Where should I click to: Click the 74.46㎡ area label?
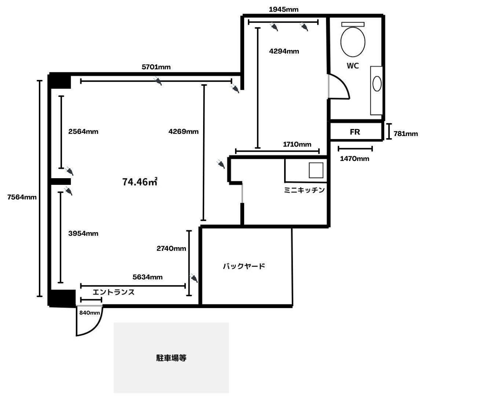[140, 181]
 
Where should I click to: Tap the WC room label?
[353, 66]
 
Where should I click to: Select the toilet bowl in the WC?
[353, 41]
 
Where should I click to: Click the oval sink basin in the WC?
[377, 84]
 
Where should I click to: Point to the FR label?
[355, 132]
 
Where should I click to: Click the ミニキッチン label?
[304, 190]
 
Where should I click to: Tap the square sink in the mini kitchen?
[316, 170]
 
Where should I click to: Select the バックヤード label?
[244, 266]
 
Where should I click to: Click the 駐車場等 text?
[171, 358]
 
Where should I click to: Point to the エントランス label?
[113, 292]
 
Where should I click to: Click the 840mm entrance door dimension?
[89, 313]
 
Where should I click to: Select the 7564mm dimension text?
[22, 197]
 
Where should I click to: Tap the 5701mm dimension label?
[156, 67]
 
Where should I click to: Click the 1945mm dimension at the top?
[283, 10]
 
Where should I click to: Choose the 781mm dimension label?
[406, 134]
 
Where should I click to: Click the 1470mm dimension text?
[355, 159]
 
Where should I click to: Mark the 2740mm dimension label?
[171, 249]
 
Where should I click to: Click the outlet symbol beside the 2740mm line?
[194, 278]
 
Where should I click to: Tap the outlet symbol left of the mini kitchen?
[220, 164]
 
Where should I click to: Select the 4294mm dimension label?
[284, 51]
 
